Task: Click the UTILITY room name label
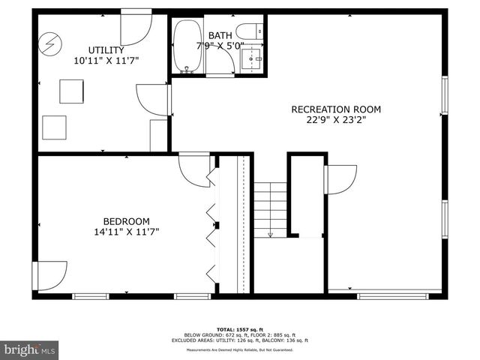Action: pyautogui.click(x=106, y=50)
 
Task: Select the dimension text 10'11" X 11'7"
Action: pyautogui.click(x=106, y=60)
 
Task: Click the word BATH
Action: pyautogui.click(x=220, y=35)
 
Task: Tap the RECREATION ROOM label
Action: pyautogui.click(x=335, y=109)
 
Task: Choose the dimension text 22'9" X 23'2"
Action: pyautogui.click(x=335, y=120)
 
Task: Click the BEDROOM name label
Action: pyautogui.click(x=126, y=221)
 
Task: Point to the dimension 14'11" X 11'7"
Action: pyautogui.click(x=126, y=232)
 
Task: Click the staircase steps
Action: pyautogui.click(x=270, y=210)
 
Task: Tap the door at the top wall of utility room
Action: pyautogui.click(x=136, y=25)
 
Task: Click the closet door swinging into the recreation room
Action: pyautogui.click(x=340, y=180)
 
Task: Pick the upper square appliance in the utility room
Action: pyautogui.click(x=72, y=91)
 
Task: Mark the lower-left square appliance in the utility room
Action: pyautogui.click(x=54, y=127)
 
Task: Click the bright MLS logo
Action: pyautogui.click(x=30, y=349)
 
